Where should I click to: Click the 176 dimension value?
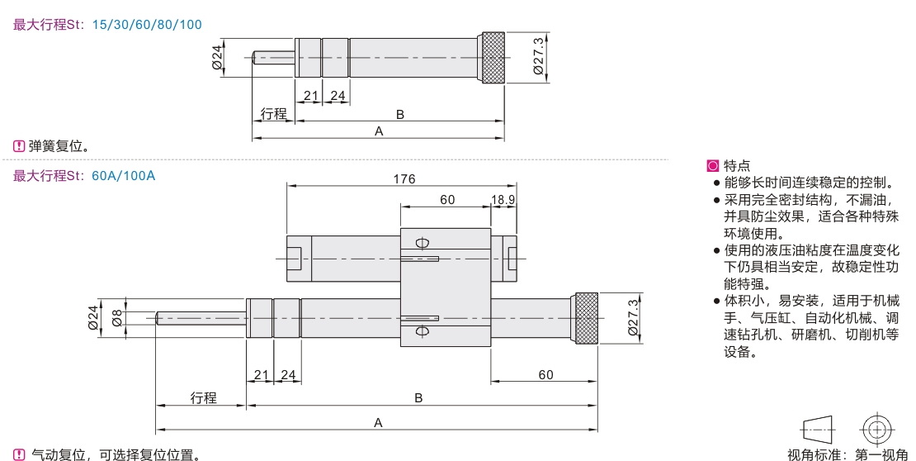[404, 178]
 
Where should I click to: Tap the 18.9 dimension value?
[503, 199]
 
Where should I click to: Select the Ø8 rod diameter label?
[117, 318]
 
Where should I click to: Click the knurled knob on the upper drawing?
[491, 58]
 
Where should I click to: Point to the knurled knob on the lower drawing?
[585, 318]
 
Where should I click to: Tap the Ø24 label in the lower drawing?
[93, 318]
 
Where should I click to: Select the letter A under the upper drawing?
[379, 131]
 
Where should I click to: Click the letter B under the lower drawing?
[418, 398]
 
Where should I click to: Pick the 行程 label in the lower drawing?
[203, 398]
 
